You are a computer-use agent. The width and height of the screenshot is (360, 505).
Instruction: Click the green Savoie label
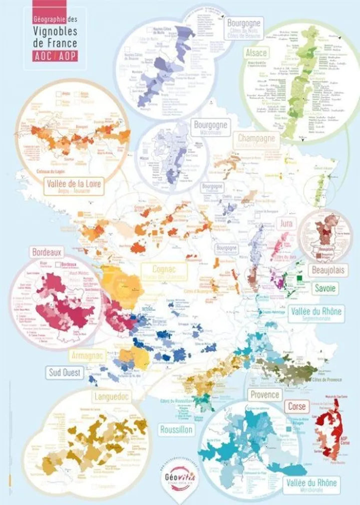[x=324, y=289]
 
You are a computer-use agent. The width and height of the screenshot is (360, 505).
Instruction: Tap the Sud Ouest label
[x=66, y=372]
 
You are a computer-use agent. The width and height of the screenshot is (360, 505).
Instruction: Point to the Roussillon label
[x=176, y=429]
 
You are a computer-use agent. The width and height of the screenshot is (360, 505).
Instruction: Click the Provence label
[x=264, y=394]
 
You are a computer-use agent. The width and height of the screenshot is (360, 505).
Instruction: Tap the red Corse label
[x=297, y=406]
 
